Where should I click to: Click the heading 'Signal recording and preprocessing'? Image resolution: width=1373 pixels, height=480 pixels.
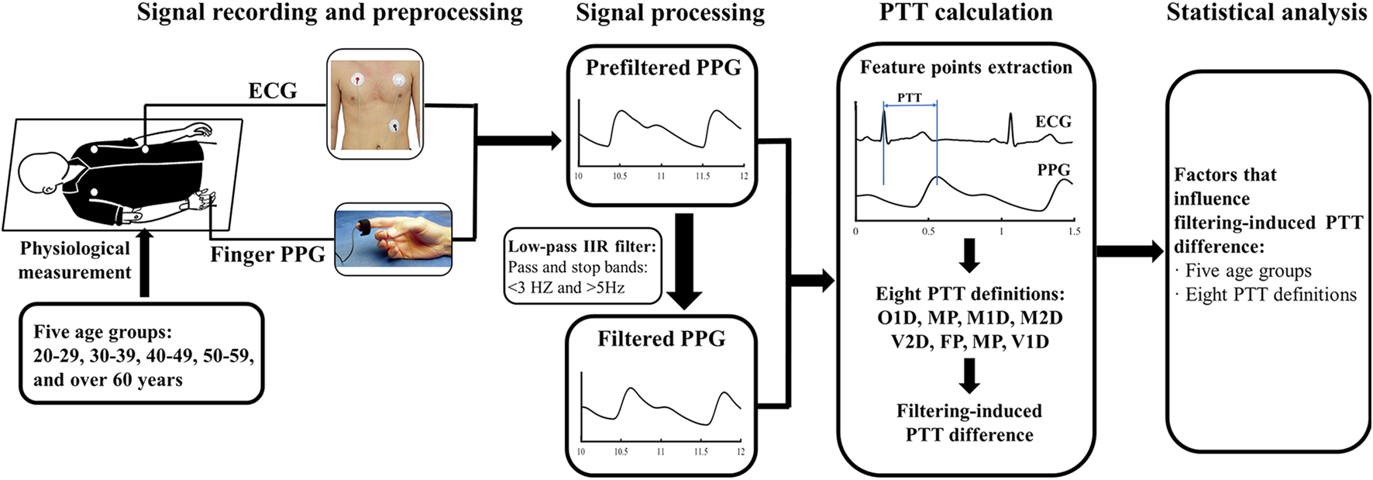click(329, 13)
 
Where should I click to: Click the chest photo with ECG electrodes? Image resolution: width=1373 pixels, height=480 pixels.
click(375, 105)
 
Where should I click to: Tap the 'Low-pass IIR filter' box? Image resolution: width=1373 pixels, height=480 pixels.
click(583, 266)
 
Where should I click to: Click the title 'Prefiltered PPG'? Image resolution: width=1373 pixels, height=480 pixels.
click(662, 67)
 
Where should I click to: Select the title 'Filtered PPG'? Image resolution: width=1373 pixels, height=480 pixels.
click(661, 339)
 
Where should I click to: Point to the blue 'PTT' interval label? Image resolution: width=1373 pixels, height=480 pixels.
click(910, 98)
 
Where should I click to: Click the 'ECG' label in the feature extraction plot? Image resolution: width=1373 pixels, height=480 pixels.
click(1053, 122)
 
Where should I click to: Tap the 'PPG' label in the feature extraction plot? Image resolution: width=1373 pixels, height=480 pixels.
click(1053, 170)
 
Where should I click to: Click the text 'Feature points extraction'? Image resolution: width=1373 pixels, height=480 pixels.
click(965, 67)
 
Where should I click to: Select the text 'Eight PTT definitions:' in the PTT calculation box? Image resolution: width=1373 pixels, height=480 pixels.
click(969, 294)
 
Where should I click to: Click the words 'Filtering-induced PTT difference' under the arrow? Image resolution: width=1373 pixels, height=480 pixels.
click(969, 423)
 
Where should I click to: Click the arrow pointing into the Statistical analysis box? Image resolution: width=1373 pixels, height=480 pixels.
click(1130, 250)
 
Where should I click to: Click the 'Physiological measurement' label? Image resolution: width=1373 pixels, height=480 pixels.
click(74, 260)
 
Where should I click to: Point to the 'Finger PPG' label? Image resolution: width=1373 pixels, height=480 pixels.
click(267, 254)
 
